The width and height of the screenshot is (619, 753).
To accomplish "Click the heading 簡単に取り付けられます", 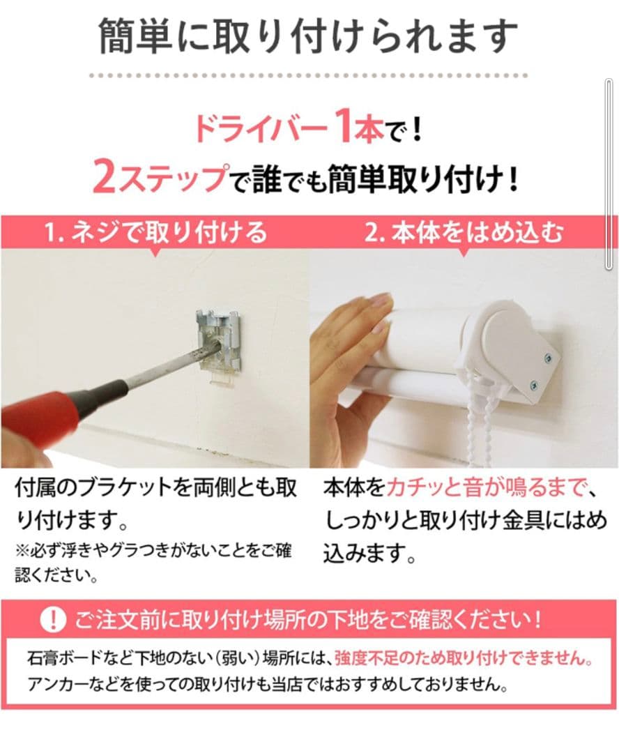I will coord(308,36).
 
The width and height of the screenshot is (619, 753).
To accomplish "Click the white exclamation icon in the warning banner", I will coord(52,618).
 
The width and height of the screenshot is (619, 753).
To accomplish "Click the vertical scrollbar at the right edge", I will coord(610,174).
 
